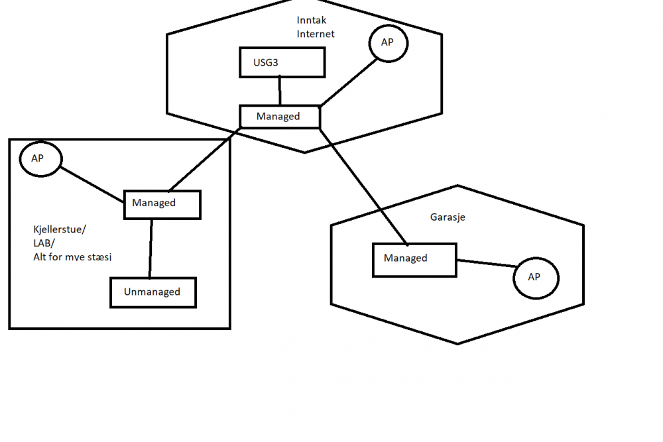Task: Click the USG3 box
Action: [282, 63]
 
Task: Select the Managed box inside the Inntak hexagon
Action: [279, 117]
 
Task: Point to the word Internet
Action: [316, 34]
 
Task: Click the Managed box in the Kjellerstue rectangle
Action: [162, 203]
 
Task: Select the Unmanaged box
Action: [153, 292]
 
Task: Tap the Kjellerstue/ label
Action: [60, 230]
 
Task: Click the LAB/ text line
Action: [43, 243]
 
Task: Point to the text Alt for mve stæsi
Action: [72, 256]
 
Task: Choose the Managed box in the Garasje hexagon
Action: [414, 258]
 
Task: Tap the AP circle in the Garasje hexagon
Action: [535, 278]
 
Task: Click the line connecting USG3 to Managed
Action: [280, 91]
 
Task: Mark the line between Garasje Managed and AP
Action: [486, 264]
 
